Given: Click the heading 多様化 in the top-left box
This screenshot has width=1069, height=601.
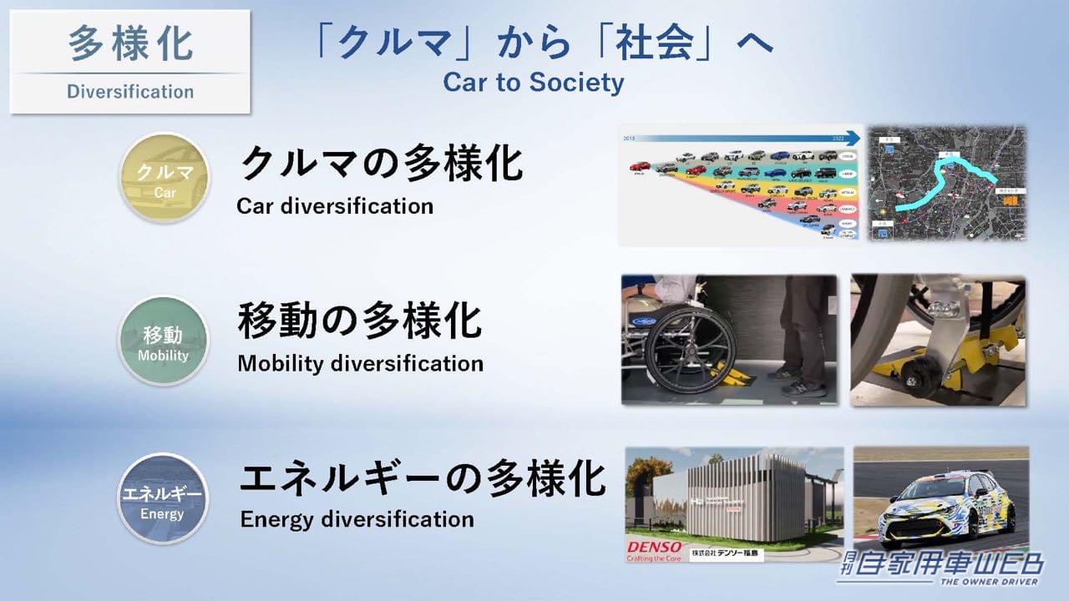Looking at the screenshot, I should pos(130,44).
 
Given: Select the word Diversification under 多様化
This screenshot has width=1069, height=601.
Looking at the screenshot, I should pos(130,92).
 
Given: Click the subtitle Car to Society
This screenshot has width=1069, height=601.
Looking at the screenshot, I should pos(533,83).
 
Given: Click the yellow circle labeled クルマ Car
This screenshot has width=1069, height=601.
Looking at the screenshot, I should pos(164,178).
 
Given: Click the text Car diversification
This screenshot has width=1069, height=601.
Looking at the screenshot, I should pos(335,205).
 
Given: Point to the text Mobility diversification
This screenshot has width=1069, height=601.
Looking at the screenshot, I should pos(360,364).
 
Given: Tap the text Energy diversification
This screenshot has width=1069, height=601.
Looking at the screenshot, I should pos(357,519).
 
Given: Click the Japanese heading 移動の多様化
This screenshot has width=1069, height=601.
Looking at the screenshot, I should pos(360,321).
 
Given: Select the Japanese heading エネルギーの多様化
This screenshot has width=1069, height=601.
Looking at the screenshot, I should pos(422,478).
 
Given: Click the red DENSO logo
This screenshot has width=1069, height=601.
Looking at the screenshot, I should pos(654,548).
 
